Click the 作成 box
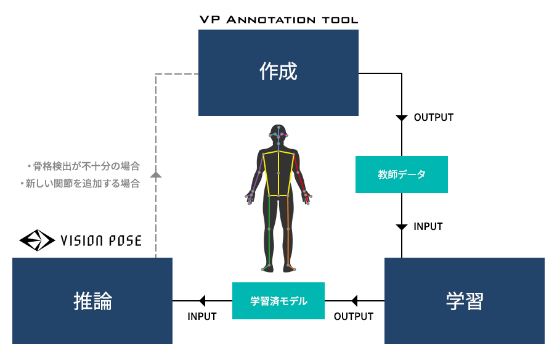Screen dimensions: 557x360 click(278, 73)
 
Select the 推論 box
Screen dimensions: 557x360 click(92, 301)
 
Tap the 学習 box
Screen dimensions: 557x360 click(465, 301)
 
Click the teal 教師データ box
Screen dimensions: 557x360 click(401, 174)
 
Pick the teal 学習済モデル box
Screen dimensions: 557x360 click(278, 301)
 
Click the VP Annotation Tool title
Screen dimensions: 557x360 click(278, 20)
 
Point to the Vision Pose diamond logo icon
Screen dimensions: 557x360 click(37, 240)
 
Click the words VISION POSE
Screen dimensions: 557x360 click(101, 240)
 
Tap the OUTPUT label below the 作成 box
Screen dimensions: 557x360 click(434, 117)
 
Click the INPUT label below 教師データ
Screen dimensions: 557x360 click(428, 226)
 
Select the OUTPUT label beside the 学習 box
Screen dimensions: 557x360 click(354, 316)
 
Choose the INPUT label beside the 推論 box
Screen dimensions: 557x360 click(201, 316)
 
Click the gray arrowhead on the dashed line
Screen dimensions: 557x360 click(156, 174)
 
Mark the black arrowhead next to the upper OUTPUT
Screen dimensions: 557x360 click(401, 118)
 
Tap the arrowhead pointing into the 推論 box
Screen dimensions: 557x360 click(203, 301)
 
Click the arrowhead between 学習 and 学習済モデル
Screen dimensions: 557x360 click(354, 301)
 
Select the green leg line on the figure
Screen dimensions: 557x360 click(269, 231)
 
